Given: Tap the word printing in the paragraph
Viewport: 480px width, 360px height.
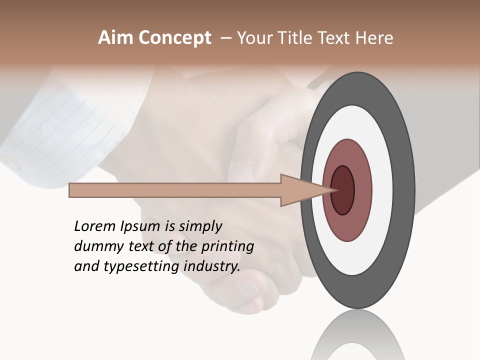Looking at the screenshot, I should click(227, 246).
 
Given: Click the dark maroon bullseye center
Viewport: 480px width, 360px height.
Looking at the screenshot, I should click(343, 190).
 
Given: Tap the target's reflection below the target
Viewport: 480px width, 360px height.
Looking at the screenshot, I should click(357, 337).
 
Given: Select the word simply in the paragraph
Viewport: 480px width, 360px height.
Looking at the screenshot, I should click(200, 226).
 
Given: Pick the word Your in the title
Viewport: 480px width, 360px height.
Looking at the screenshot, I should click(253, 38).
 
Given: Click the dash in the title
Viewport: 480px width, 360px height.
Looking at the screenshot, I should click(225, 38).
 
